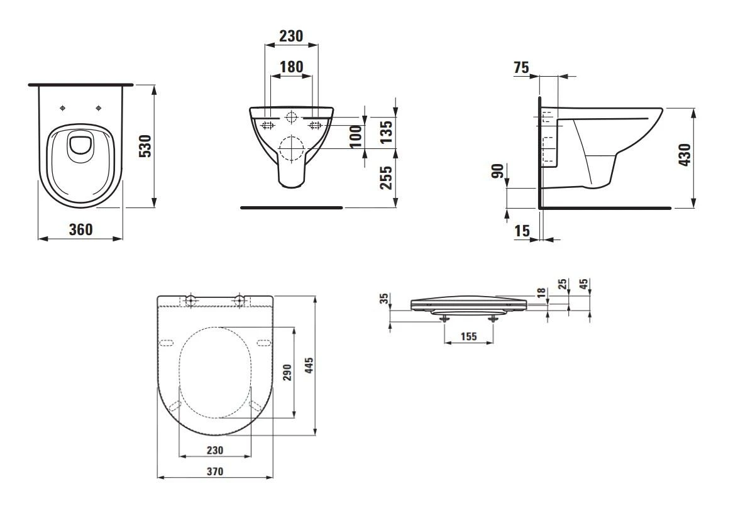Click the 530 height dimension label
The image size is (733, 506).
tap(145, 146)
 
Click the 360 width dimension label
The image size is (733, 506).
tap(80, 229)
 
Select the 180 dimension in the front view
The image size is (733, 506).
tap(290, 67)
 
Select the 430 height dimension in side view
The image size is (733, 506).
tap(685, 155)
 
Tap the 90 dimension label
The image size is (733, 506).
tap(497, 170)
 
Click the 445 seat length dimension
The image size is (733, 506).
tap(309, 365)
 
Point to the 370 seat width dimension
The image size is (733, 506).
tap(215, 470)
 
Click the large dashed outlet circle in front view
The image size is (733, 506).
tap(290, 149)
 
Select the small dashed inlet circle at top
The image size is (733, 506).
tap(291, 117)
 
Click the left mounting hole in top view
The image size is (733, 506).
tap(62, 108)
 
